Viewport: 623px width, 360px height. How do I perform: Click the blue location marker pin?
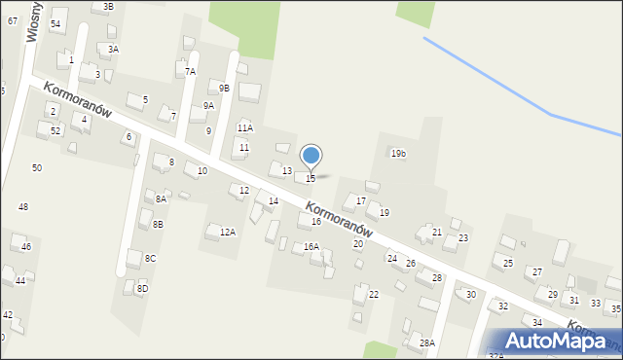click(x=311, y=157)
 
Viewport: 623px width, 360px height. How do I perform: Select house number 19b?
click(x=397, y=154)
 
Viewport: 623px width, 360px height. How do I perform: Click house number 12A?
click(x=228, y=232)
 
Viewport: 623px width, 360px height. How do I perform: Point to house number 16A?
click(x=311, y=247)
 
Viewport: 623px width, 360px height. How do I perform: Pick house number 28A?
click(x=426, y=343)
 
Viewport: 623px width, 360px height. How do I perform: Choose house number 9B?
click(x=224, y=89)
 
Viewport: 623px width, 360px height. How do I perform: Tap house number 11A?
click(x=244, y=127)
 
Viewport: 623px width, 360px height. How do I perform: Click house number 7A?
click(x=191, y=71)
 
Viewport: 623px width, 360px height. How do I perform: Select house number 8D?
click(x=142, y=288)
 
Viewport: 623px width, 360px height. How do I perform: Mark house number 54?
click(x=55, y=23)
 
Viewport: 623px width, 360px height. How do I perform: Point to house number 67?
click(x=13, y=20)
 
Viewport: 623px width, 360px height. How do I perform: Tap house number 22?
click(x=373, y=294)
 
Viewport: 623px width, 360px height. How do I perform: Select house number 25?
click(x=508, y=264)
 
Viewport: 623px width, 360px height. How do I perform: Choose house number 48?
click(x=23, y=207)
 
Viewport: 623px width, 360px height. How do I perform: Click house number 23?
click(x=463, y=238)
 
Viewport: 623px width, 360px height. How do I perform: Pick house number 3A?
click(x=113, y=49)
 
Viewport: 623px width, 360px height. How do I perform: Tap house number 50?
click(x=37, y=168)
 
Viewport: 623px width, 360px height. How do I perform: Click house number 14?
click(x=274, y=201)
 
